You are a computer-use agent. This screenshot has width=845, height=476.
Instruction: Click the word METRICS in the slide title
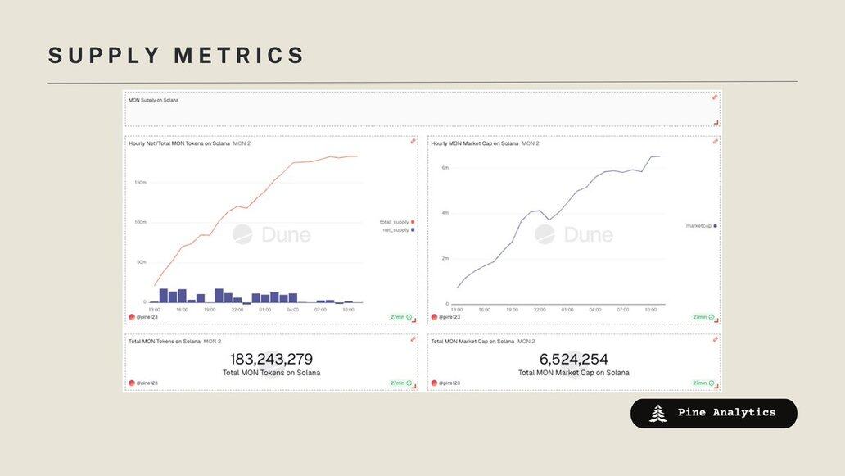[x=239, y=56]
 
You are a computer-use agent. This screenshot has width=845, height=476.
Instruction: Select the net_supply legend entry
[x=396, y=230]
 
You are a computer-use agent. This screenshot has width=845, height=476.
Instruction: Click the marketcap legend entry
[x=698, y=225]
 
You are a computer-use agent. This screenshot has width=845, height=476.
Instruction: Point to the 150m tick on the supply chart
[x=140, y=182]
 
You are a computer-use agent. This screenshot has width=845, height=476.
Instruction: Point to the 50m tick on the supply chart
[x=140, y=262]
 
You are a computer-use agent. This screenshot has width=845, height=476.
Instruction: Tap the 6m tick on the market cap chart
[x=445, y=167]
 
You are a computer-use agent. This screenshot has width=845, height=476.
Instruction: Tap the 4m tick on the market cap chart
[x=445, y=213]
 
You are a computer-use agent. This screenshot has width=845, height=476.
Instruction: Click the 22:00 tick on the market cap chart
[x=540, y=310]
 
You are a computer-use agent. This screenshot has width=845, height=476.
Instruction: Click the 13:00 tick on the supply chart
[x=154, y=310]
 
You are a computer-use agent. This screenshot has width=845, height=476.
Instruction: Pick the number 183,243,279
[x=271, y=359]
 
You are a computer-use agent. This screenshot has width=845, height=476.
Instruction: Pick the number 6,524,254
[x=573, y=359]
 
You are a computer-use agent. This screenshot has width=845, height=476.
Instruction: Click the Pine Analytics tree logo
[x=657, y=414]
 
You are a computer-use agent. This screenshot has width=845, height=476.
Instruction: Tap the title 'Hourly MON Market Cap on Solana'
[x=475, y=143]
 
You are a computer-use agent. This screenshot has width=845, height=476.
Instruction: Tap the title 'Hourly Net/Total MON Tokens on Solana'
[x=178, y=143]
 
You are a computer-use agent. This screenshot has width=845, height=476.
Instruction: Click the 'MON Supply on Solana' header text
[x=153, y=100]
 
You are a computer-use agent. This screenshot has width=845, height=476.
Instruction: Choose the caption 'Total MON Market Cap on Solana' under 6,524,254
[x=573, y=373]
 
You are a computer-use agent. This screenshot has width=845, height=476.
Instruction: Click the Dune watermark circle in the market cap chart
[x=545, y=234]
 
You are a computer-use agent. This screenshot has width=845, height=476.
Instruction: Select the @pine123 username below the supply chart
[x=148, y=317]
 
